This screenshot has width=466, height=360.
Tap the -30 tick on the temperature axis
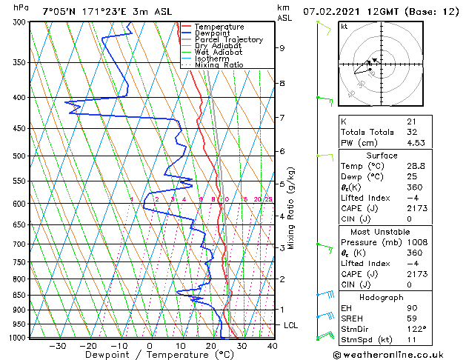tap(58, 345)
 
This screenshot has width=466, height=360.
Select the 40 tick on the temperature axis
tap(272, 345)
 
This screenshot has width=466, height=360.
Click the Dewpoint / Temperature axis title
tap(148, 355)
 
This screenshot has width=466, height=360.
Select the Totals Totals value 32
tap(411, 132)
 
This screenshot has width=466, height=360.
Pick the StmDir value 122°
tap(416, 329)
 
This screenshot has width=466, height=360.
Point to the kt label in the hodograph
tap(344, 27)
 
